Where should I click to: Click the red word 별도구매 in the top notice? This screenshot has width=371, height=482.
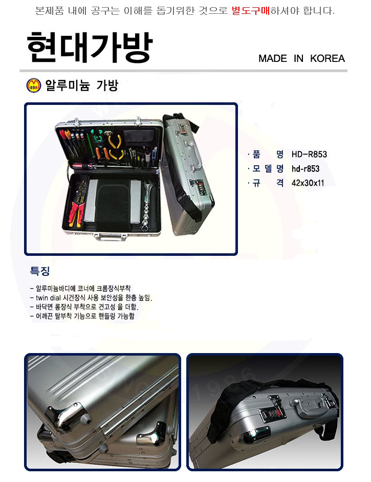[251, 11]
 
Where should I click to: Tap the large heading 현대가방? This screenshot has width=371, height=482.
[90, 48]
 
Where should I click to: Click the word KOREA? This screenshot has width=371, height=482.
[328, 58]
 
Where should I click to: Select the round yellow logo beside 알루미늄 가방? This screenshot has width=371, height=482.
[33, 85]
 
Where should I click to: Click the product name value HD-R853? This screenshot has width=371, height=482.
[309, 155]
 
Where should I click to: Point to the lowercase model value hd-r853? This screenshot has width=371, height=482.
[305, 169]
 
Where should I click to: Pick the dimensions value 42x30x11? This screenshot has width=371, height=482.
[308, 183]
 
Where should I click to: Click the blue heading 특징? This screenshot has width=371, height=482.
[40, 271]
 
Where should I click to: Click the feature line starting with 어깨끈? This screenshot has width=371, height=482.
[83, 316]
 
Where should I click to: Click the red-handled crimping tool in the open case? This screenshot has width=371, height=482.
[76, 214]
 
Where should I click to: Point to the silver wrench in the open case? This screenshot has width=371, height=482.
[146, 205]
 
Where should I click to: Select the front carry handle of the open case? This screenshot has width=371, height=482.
[111, 237]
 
